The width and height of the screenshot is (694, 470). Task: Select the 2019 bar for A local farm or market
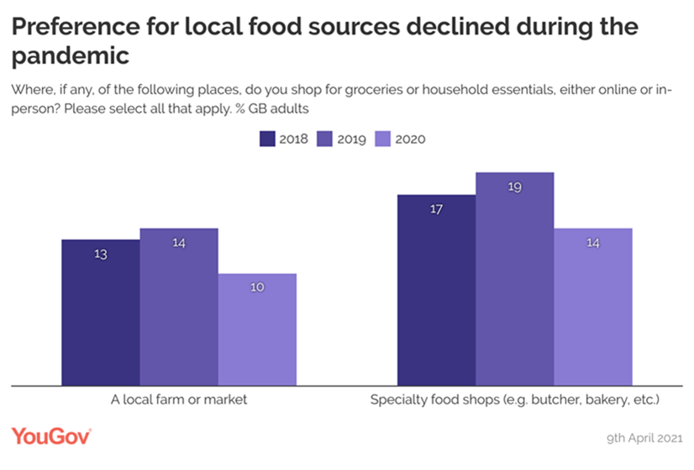tap(179, 307)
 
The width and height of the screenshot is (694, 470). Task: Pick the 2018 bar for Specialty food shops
tap(437, 290)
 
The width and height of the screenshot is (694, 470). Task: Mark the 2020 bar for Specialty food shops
tap(593, 307)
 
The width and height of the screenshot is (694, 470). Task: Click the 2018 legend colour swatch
tap(267, 139)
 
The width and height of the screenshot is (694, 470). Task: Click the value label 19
tap(515, 187)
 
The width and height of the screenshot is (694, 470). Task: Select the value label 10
tap(257, 288)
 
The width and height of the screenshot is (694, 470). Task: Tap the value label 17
tap(437, 209)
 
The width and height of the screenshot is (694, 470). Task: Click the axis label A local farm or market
tap(179, 400)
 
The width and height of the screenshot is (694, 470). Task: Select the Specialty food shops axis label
tap(515, 400)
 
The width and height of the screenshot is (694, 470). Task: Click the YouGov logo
tap(50, 436)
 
